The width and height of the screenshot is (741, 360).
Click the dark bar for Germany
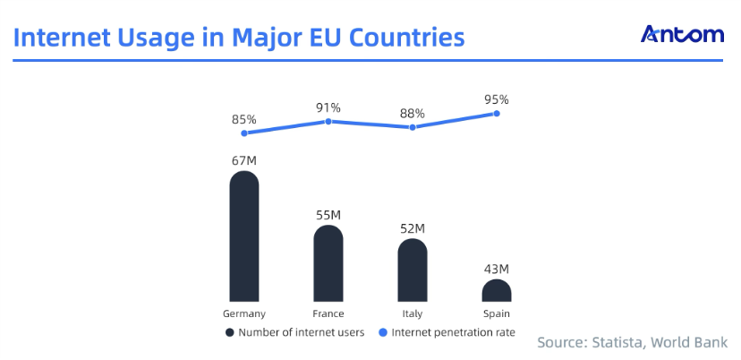click(244, 236)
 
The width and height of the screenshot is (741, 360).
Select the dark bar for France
click(328, 263)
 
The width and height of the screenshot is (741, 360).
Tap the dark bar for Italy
click(413, 270)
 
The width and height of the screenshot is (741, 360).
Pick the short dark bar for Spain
click(497, 290)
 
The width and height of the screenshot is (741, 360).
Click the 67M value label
click(244, 160)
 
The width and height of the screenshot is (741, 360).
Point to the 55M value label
click(328, 215)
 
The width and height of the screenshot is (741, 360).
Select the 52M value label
click(413, 228)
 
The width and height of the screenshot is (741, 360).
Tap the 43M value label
click(497, 269)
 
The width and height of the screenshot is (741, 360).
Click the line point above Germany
click(244, 133)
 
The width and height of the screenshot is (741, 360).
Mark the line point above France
click(328, 121)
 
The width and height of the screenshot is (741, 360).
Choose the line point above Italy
click(413, 127)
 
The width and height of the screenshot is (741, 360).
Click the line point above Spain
click(496, 114)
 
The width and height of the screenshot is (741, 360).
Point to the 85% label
click(244, 118)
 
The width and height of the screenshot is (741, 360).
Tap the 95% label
click(497, 99)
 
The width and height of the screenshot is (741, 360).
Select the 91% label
click(328, 107)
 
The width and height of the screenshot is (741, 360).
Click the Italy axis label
click(413, 313)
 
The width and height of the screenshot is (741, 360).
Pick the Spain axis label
click(497, 313)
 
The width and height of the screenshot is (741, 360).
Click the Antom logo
click(682, 35)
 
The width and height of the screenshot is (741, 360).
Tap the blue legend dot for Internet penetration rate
click(384, 332)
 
